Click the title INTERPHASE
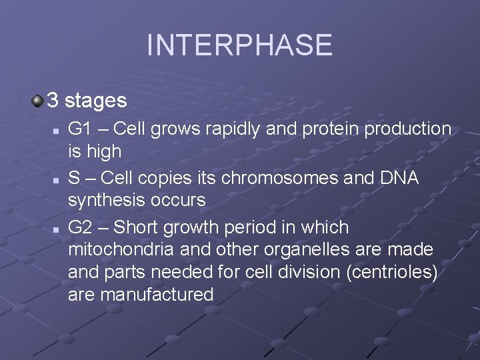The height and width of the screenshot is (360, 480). coord(239,45)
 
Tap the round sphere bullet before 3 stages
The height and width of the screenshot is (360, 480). coord(38,101)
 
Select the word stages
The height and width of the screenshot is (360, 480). coord(96,101)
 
